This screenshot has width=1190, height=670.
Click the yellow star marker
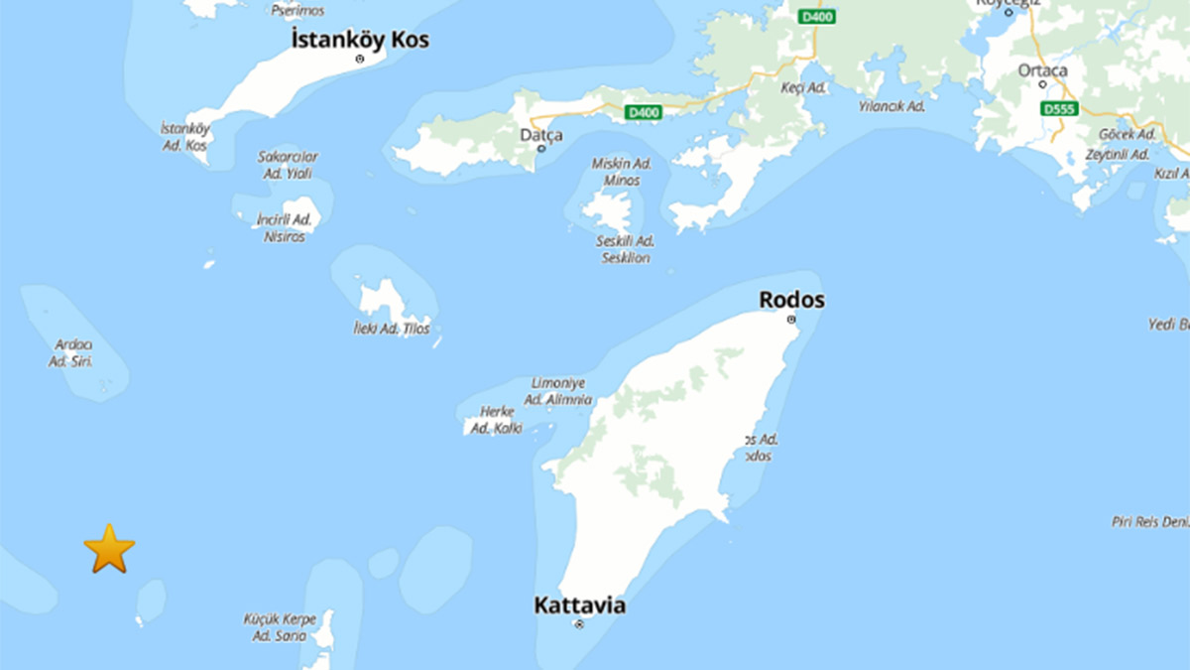tap(109, 549)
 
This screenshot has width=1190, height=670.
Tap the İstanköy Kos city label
tap(360, 40)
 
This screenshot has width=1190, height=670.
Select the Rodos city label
tap(791, 300)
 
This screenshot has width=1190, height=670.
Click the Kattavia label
tap(579, 604)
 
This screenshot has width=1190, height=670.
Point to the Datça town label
tap(541, 134)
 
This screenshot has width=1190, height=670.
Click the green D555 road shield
tap(1059, 108)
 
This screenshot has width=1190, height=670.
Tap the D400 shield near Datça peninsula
tap(644, 113)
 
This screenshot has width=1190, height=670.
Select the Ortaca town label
tap(1042, 70)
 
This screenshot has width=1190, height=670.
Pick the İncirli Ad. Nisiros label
tap(285, 228)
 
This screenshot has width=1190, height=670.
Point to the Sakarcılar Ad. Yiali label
tap(288, 165)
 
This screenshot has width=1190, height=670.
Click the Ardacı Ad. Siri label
tap(72, 353)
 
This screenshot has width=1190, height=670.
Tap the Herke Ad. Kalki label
tap(495, 420)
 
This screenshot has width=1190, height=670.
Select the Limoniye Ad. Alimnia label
tap(559, 391)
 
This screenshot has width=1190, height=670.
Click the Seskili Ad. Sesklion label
tap(626, 249)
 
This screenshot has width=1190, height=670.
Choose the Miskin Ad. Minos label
tap(621, 172)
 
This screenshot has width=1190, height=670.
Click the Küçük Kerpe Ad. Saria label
tap(280, 627)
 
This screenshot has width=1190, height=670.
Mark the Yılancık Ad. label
tap(892, 106)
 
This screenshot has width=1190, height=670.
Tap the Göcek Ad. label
tap(1128, 134)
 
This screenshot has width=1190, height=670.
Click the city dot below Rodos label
tap(791, 320)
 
